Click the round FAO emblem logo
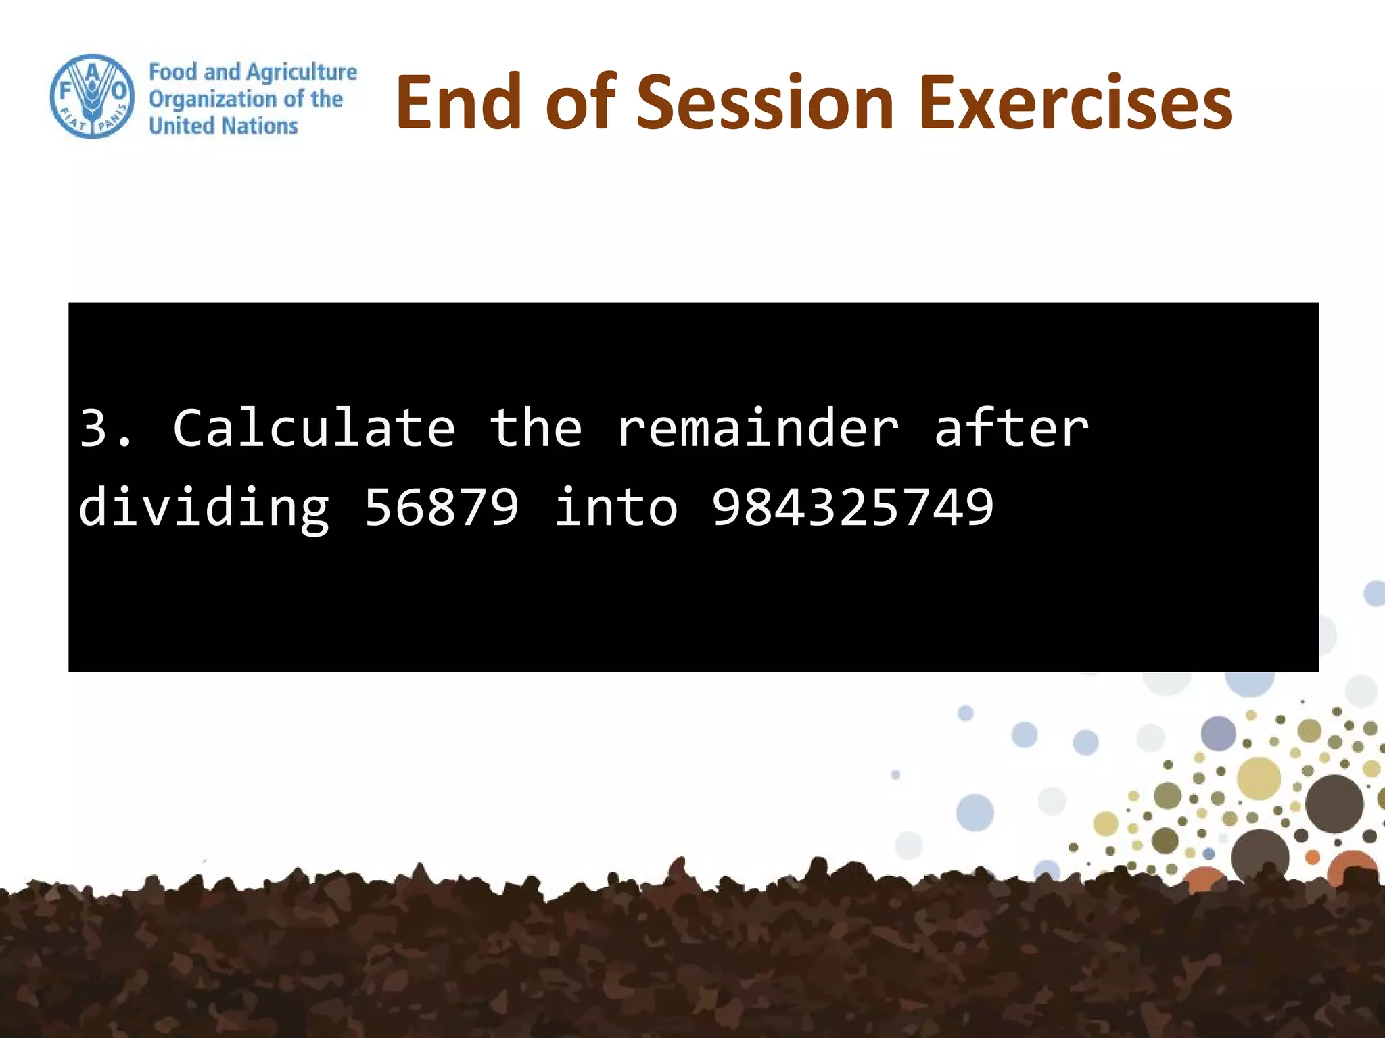tap(92, 97)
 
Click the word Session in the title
tap(766, 103)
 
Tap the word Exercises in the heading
tap(1075, 103)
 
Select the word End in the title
tap(459, 103)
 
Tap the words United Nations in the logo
tap(223, 126)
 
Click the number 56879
tap(442, 507)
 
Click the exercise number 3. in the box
tap(105, 428)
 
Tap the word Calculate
tap(314, 428)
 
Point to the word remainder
tap(757, 428)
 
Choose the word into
tap(615, 507)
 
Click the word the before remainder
tap(536, 428)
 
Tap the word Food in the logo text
tap(172, 72)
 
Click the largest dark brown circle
tap(1334, 804)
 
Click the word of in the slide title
tap(580, 103)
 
